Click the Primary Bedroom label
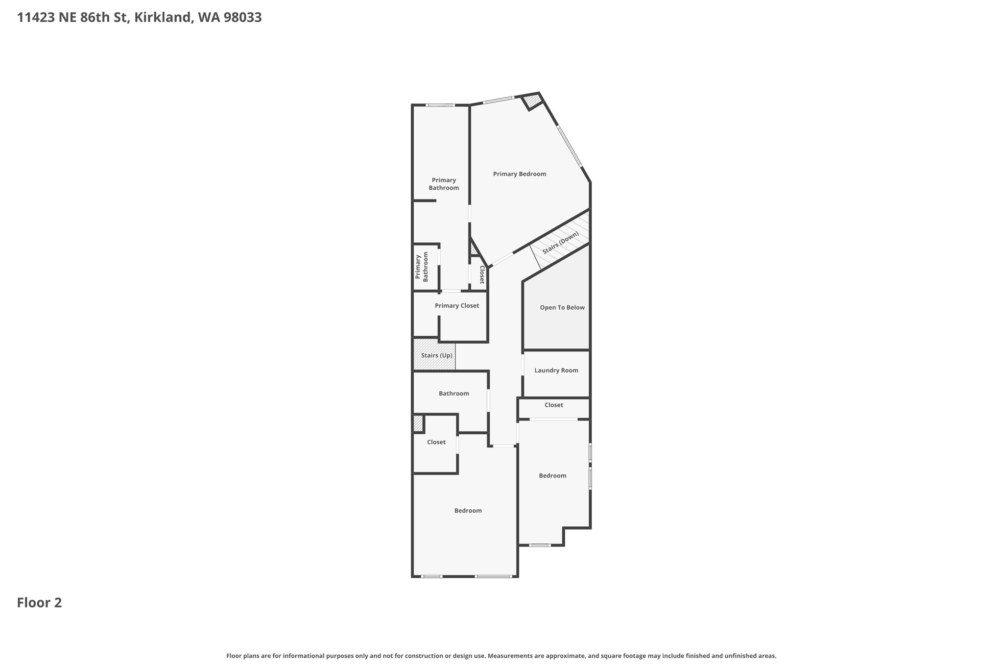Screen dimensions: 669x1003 click(x=519, y=174)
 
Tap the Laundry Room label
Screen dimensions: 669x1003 click(x=556, y=371)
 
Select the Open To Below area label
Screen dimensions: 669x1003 click(x=562, y=308)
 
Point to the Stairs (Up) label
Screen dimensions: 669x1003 click(x=436, y=355)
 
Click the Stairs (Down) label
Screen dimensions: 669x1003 click(x=560, y=243)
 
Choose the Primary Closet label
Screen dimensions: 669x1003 click(x=456, y=306)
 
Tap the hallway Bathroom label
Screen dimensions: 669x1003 click(x=454, y=394)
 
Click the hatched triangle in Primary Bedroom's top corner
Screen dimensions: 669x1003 click(x=532, y=101)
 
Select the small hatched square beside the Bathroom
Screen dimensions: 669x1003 click(x=418, y=423)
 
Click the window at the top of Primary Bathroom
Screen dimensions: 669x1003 click(x=439, y=105)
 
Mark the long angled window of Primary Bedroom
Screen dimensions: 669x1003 click(x=569, y=146)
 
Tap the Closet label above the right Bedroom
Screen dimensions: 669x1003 click(x=553, y=405)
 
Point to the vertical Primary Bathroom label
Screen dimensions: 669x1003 click(x=422, y=267)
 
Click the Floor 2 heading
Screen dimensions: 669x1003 click(x=39, y=603)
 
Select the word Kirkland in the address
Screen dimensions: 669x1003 click(x=162, y=18)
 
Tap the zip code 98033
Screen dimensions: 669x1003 click(x=242, y=18)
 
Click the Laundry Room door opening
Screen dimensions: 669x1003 click(x=523, y=365)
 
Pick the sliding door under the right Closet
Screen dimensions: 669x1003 click(x=553, y=419)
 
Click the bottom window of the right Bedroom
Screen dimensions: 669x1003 click(x=540, y=545)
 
